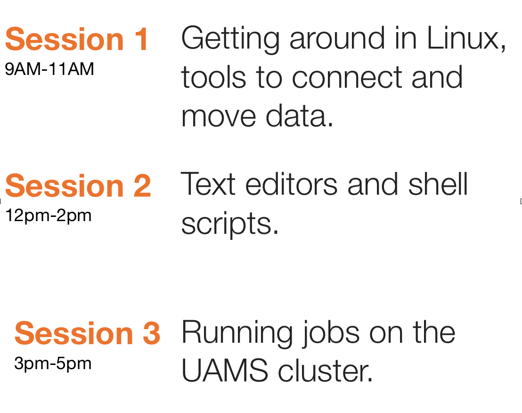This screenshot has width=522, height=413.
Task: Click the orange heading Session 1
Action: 77,39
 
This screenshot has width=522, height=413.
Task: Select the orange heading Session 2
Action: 78,186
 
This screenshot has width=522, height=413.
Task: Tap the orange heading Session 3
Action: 87,333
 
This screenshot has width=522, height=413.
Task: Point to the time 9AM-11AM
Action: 49,69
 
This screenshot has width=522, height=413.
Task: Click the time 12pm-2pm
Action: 49,216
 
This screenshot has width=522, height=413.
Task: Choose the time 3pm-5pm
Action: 53,363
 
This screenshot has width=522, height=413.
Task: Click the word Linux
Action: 466,39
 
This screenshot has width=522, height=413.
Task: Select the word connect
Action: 347,78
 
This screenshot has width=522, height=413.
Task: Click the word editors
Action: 291,184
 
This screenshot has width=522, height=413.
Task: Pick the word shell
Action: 438,184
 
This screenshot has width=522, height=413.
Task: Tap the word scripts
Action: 229,224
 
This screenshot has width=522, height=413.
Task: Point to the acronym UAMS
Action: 225,371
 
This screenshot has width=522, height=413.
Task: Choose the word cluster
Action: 325,371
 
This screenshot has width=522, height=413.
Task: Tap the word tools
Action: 213,78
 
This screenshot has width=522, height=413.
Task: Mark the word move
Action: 219,117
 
